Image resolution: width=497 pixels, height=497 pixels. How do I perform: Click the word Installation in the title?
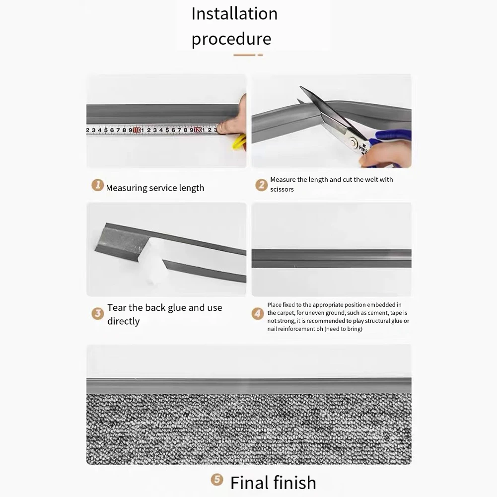(x=234, y=14)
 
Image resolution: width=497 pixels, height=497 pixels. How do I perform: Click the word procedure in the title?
(x=231, y=39)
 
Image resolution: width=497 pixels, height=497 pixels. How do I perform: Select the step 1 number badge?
(x=98, y=186)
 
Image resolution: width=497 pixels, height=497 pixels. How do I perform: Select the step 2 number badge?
(x=262, y=185)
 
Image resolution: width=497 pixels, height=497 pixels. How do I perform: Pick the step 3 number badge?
(x=98, y=313)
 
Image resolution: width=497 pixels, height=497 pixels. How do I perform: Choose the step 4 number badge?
(x=258, y=313)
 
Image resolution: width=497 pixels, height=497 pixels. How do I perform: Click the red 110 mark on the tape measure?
(x=137, y=131)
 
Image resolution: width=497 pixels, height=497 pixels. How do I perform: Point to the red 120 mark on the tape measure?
(x=198, y=131)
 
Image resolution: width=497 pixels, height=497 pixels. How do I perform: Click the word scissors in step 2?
(x=282, y=189)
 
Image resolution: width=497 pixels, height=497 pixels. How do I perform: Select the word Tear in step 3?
(x=117, y=308)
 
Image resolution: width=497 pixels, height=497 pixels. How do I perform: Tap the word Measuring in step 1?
(x=127, y=188)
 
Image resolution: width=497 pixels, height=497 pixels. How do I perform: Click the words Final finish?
(x=273, y=482)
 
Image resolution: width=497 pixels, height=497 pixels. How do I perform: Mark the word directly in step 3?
(x=123, y=321)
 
